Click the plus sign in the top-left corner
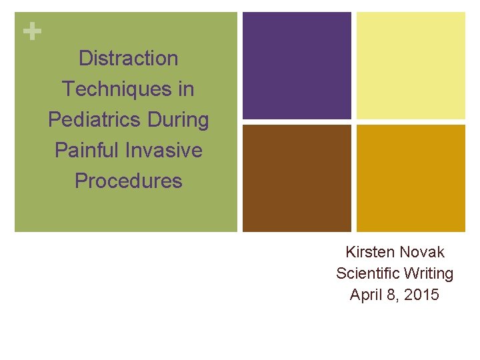click(28, 31)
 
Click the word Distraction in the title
click(128, 59)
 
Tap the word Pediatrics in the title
click(91, 120)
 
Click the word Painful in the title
click(86, 150)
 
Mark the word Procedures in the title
click(128, 181)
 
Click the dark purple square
click(297, 65)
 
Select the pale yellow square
click(411, 65)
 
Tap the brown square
click(297, 178)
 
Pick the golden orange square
click(411, 178)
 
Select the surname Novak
click(421, 252)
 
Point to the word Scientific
click(367, 273)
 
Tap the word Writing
click(428, 273)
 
